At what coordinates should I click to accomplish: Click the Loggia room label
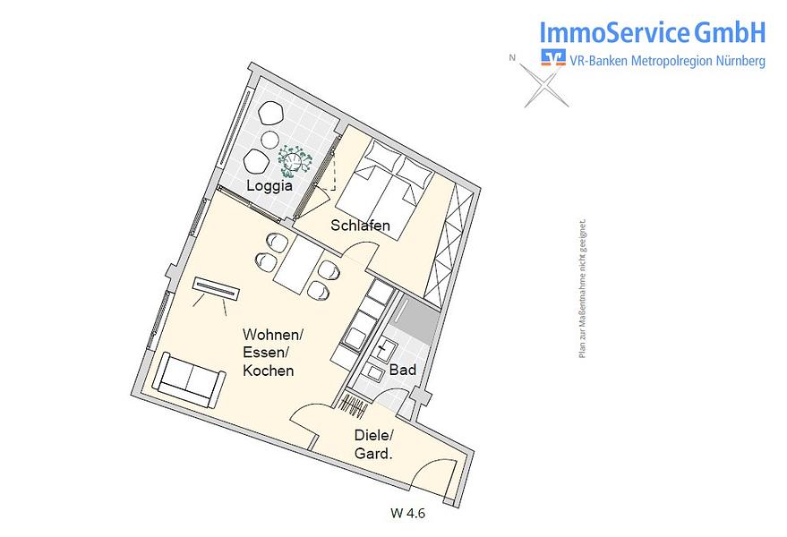coord(269,186)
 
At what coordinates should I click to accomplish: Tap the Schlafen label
coord(361,226)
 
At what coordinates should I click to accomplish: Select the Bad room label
coord(403,370)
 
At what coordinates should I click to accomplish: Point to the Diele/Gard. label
coord(374,444)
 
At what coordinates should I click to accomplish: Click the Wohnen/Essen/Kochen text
coord(273,353)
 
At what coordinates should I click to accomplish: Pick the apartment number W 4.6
coord(407,514)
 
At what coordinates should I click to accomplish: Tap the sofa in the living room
coord(189,379)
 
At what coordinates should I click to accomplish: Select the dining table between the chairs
coord(299,265)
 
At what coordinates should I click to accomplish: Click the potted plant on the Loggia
coord(295,160)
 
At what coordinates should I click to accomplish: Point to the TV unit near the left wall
coord(217,288)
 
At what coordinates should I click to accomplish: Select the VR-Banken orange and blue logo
coord(553,57)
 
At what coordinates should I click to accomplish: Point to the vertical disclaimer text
coord(582,288)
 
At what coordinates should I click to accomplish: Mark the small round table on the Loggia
coord(270,140)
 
